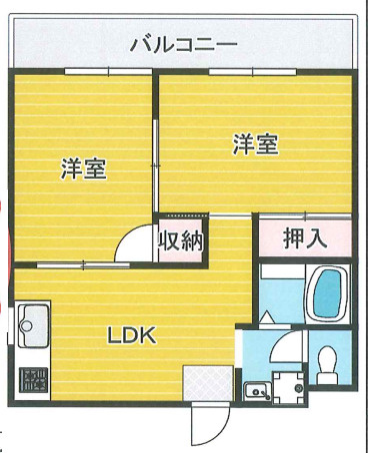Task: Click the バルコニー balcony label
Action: (x=183, y=45)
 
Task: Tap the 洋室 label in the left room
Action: (x=84, y=169)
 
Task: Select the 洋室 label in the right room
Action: (x=255, y=145)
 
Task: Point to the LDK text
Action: (x=132, y=335)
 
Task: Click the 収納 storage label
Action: (x=181, y=240)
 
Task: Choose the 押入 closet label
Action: (x=305, y=238)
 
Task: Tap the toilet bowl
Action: (x=325, y=363)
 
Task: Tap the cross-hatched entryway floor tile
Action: (x=205, y=383)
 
